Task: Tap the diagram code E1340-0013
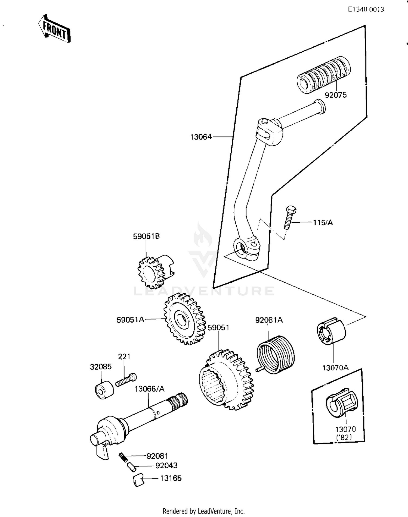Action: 366,10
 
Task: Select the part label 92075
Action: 336,95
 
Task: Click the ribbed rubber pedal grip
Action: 323,75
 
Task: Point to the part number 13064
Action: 201,137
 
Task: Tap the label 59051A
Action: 130,320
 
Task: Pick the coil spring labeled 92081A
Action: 276,354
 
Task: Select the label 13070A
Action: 335,368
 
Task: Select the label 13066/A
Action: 150,389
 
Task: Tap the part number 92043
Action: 166,465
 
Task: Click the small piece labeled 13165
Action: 139,480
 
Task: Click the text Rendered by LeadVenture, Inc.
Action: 204,511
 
